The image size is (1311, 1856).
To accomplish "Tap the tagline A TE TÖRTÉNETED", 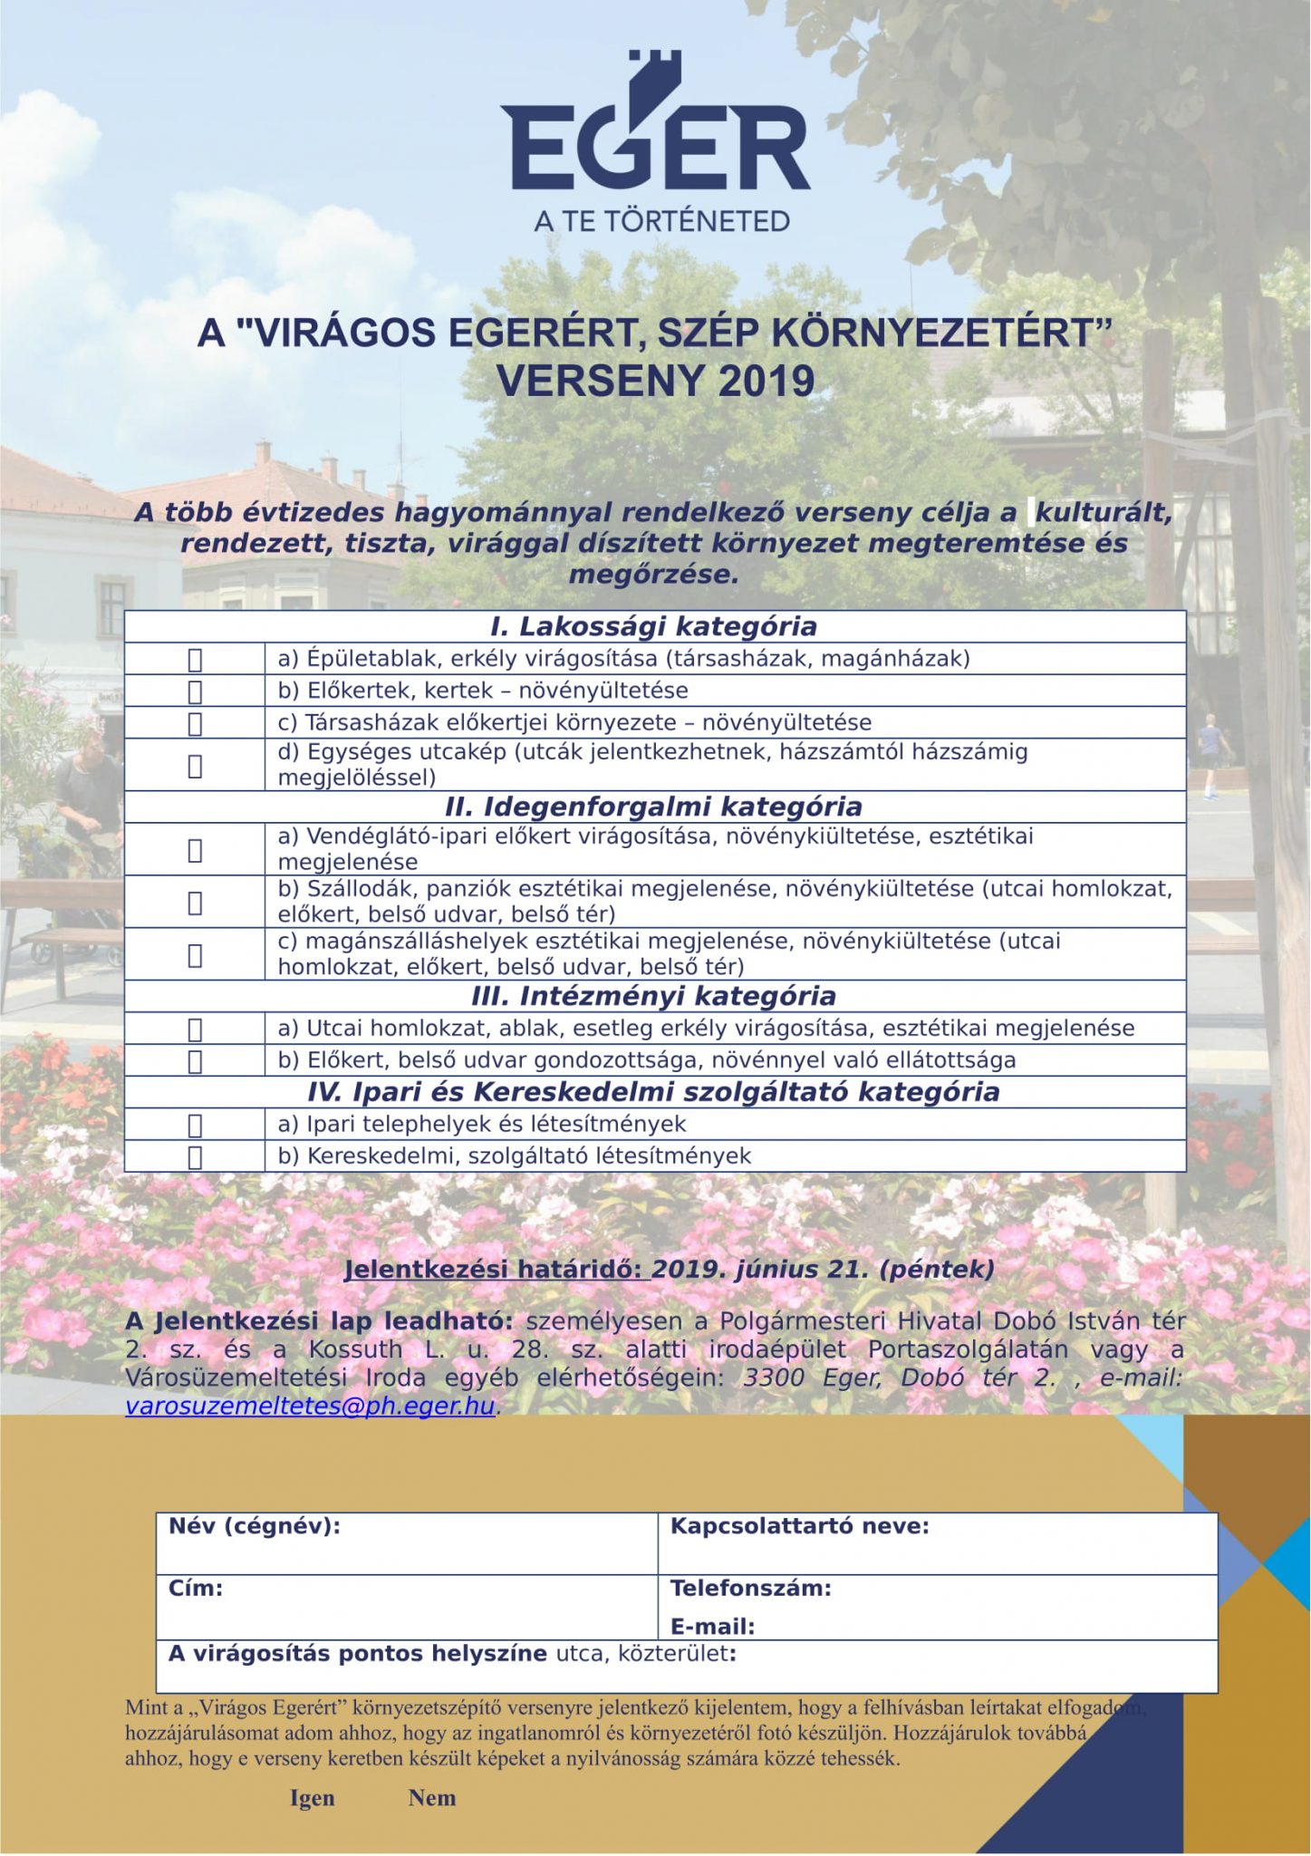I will pos(661,221).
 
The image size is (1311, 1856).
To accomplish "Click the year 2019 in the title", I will pos(766,381).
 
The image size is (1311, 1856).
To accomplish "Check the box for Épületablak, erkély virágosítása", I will pos(195,660).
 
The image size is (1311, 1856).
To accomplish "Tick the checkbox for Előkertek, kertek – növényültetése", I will pos(195,692).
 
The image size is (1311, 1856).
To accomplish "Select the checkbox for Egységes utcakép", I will pos(195,767).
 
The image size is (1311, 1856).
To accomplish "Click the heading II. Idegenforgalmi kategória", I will pos(653,807).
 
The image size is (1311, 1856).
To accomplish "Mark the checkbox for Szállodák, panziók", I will pos(195,903).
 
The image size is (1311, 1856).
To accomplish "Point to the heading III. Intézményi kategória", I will pos(653,996).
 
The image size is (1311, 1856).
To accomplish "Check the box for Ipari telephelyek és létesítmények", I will pos(195,1126).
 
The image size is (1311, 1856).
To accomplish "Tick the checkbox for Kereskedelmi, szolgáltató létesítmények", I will pos(195,1157).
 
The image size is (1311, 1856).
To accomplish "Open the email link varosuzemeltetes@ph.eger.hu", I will pos(311,1406).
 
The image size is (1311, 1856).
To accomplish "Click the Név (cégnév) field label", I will pos(255,1526).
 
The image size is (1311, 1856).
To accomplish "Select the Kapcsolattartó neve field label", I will pos(799,1526).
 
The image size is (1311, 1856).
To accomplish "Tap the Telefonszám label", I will pos(750,1588).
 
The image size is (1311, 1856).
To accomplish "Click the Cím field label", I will pos(196,1588).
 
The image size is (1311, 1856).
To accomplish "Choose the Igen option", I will pos(313,1798).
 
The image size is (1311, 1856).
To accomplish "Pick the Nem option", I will pos(432,1798).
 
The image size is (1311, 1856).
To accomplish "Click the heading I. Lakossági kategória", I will pos(653,626).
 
